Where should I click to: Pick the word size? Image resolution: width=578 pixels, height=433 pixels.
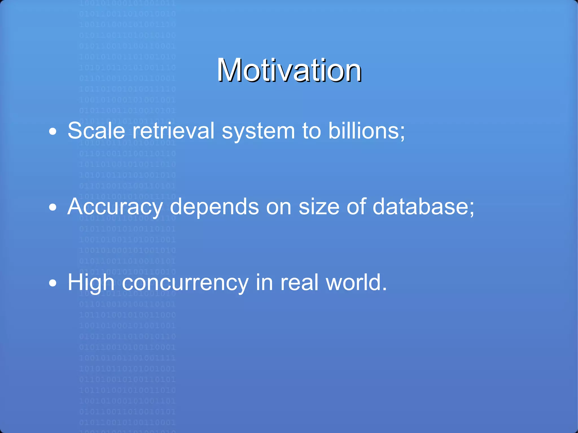[x=319, y=207]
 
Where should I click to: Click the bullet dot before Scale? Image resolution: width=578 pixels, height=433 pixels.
[x=53, y=131]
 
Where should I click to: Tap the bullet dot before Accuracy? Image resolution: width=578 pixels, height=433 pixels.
[x=53, y=208]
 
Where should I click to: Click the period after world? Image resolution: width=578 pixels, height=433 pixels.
[x=384, y=289]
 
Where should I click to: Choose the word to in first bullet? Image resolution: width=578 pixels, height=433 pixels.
[x=311, y=131]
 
